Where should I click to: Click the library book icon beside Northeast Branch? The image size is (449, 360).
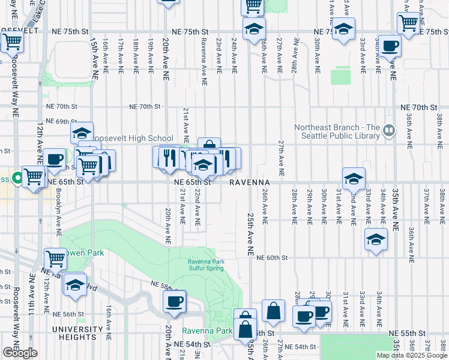389,130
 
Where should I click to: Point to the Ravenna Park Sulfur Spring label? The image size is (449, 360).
205,265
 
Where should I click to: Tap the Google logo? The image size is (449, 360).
20,353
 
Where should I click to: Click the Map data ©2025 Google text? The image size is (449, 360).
412,355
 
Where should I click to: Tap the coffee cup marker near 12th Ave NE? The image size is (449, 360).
54,160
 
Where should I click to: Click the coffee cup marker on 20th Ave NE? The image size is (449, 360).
174,302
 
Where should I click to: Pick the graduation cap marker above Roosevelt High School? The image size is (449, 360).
82,133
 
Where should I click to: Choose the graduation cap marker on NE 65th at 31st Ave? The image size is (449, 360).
354,179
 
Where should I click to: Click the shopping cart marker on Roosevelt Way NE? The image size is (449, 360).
11,43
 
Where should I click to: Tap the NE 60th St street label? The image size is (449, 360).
273,257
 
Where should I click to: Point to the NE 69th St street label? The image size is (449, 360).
62,121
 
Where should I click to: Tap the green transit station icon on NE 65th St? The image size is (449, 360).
18,178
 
